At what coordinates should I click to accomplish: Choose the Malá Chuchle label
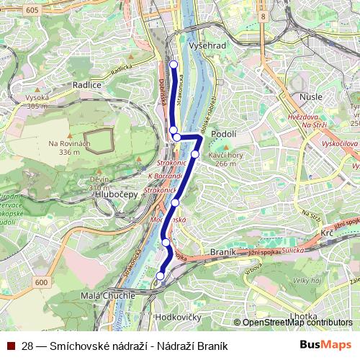(x=109, y=295)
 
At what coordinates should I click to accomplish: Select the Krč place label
(x=327, y=235)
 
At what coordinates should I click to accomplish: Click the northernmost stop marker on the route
(x=174, y=66)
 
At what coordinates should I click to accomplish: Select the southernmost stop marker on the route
(x=161, y=276)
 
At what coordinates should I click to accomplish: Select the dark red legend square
(x=12, y=346)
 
